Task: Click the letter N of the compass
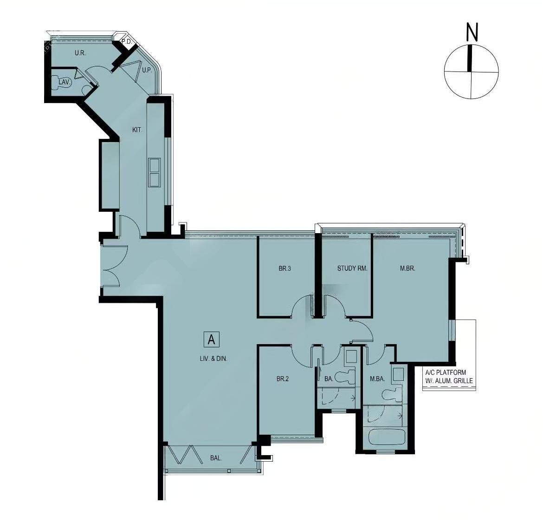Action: [x=472, y=32]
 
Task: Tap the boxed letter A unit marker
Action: [x=212, y=339]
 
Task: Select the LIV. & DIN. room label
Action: [x=213, y=359]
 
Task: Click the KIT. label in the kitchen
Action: [x=137, y=130]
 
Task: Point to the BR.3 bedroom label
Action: [x=284, y=268]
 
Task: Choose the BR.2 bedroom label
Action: [x=283, y=379]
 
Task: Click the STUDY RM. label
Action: [x=352, y=268]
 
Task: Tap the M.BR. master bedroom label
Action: [x=407, y=268]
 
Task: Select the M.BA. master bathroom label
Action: [x=377, y=379]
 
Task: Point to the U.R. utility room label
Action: [x=80, y=53]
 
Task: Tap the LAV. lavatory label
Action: [x=65, y=82]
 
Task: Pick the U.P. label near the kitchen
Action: [x=147, y=71]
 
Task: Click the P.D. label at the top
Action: [x=126, y=42]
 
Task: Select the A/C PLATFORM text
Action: [x=446, y=372]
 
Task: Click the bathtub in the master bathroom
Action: [x=386, y=437]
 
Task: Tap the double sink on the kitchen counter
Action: [x=154, y=173]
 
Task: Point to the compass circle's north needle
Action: [x=470, y=58]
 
